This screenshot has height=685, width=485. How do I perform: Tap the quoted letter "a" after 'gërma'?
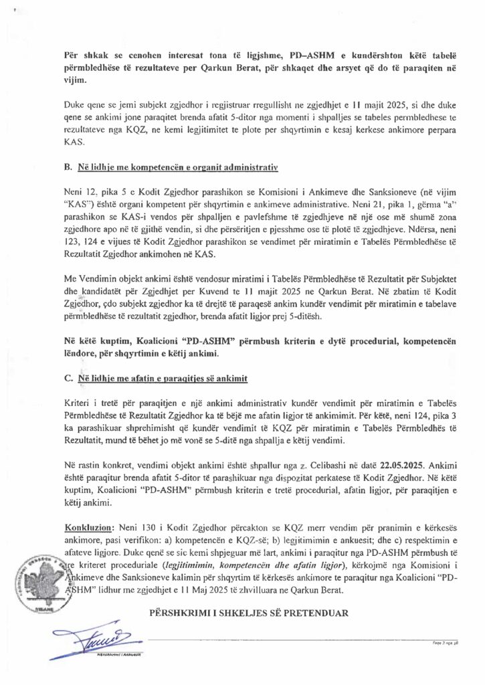(x=409, y=198)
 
